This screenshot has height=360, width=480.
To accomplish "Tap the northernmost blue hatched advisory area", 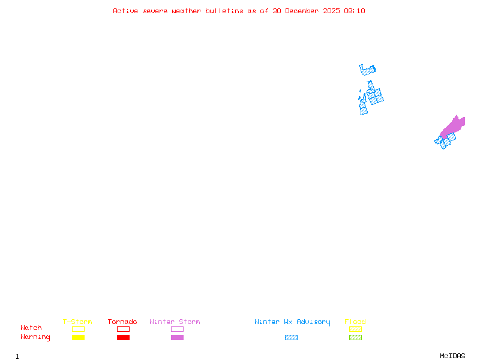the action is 367,70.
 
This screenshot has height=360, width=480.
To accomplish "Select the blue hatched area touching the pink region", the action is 446,142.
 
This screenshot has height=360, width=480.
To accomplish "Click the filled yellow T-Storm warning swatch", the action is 78,338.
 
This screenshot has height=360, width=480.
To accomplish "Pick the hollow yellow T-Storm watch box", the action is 78,329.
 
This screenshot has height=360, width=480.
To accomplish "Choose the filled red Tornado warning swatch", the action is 123,338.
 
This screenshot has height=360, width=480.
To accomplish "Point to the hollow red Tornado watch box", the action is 123,329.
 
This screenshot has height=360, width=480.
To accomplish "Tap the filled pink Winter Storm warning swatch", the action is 177,338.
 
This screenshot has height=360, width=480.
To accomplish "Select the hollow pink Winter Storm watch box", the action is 177,329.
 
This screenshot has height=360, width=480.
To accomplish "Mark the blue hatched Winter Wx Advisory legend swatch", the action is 291,338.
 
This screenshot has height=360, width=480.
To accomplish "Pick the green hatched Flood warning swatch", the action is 355,338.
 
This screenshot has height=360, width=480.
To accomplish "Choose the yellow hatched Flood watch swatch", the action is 355,329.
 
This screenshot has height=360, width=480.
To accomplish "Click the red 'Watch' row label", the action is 31,328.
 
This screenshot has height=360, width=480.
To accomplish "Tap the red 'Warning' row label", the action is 35,337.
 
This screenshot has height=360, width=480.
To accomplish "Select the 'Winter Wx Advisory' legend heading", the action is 292,322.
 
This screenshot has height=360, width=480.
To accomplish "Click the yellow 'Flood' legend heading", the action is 355,322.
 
